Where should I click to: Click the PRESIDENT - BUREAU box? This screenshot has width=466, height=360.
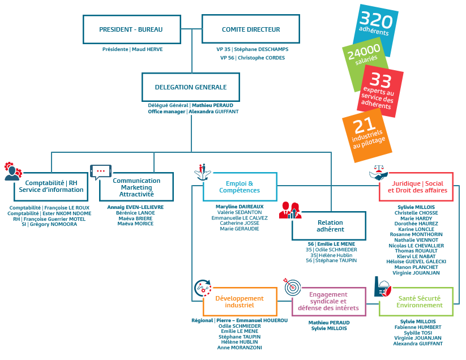tap(132, 29)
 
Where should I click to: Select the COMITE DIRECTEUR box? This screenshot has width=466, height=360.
tap(250, 29)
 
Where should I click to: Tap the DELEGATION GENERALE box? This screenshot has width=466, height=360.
tap(190, 87)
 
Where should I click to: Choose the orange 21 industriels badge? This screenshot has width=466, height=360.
tap(367, 135)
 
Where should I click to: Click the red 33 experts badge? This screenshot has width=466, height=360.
tap(381, 91)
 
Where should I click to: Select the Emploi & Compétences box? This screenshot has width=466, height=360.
tap(240, 187)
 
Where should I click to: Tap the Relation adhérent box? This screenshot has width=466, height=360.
tap(329, 226)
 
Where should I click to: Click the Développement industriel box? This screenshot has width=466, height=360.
tap(240, 302)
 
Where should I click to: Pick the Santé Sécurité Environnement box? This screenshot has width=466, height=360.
tap(416, 302)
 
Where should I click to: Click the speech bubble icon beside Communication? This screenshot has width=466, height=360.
tap(101, 172)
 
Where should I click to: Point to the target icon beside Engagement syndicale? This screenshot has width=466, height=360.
tap(292, 286)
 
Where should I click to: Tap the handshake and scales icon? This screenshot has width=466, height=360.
tap(378, 173)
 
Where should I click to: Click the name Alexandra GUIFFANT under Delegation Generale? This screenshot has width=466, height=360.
tap(213, 112)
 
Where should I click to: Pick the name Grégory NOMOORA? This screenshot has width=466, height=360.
tap(53, 224)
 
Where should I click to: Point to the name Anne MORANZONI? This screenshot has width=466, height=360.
tap(240, 348)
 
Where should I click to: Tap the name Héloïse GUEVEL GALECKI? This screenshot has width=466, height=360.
tap(416, 262)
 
